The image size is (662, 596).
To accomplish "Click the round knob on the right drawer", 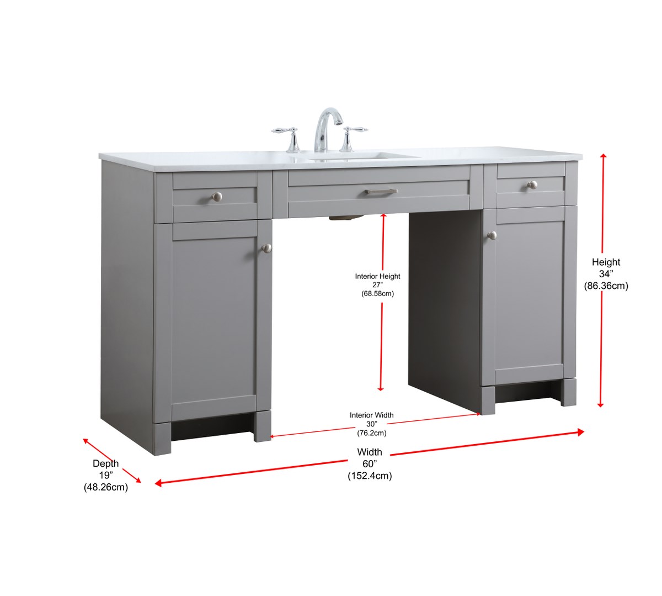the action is (x=532, y=185).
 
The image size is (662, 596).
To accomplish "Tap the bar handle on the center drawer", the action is (x=381, y=192).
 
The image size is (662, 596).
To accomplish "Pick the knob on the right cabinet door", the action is (x=492, y=235).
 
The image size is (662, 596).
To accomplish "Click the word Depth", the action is (x=105, y=463).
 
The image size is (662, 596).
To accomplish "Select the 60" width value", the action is (x=370, y=464).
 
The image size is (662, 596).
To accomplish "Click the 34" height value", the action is (x=606, y=274).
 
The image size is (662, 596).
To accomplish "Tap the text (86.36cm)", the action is (x=606, y=286).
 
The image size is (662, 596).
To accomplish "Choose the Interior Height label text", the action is (x=377, y=276).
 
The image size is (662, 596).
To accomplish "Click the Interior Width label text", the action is (x=372, y=415).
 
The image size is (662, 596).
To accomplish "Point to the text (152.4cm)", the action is (x=370, y=476).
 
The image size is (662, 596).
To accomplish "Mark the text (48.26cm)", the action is (x=105, y=487).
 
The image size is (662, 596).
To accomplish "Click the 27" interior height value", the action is (x=377, y=285).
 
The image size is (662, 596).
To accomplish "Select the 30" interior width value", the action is (x=372, y=424).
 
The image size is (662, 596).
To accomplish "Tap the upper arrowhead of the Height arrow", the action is (x=604, y=157).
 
